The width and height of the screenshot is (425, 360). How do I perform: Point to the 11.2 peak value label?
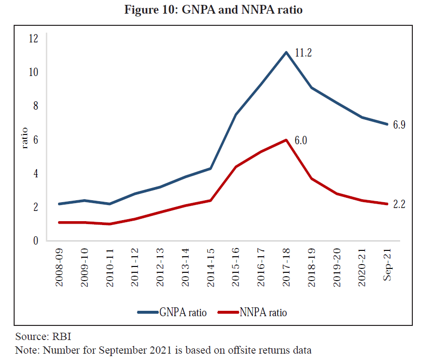coord(303,53)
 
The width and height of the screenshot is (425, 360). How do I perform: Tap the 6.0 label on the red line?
coord(301,141)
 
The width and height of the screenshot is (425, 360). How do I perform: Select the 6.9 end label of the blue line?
coord(399,125)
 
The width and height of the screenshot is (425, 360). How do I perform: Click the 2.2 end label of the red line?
coord(399,204)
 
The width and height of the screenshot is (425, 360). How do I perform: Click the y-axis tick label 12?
coord(34,38)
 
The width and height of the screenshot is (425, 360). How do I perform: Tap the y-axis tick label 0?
coord(35,241)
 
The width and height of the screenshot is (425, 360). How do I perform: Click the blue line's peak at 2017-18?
coord(286,52)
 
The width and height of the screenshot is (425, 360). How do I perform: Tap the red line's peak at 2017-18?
coord(286,140)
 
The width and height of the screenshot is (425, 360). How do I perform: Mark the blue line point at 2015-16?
coord(235,114)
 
